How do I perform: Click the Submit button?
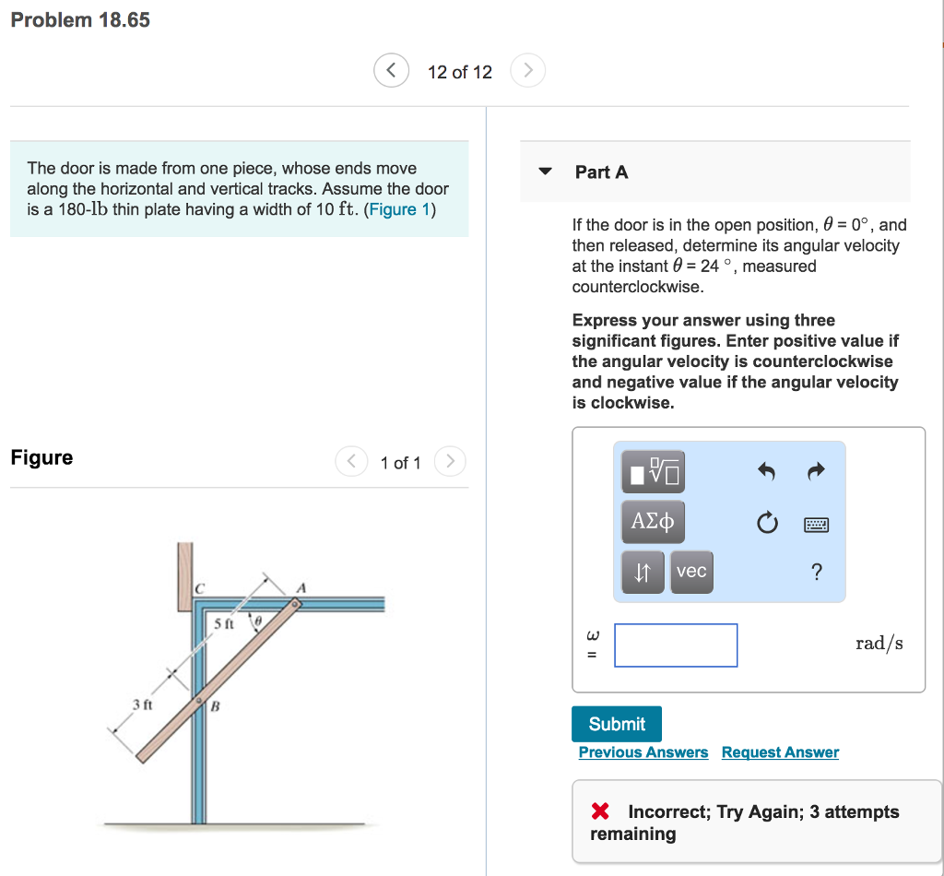[x=616, y=724]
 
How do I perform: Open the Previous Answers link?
[x=643, y=752]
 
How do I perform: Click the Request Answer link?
[x=780, y=752]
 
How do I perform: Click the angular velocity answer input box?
[x=676, y=645]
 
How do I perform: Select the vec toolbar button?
[x=691, y=572]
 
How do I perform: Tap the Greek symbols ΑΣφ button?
[x=653, y=522]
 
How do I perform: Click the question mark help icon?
[x=816, y=573]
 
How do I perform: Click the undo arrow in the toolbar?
[x=765, y=472]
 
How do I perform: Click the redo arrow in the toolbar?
[x=816, y=472]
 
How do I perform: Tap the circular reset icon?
[x=766, y=524]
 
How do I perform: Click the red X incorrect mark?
[x=600, y=811]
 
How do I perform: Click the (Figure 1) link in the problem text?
[x=401, y=209]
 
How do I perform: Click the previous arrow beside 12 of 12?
[x=392, y=71]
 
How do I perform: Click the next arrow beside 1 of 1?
[x=450, y=461]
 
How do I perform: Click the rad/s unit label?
[x=879, y=644]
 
